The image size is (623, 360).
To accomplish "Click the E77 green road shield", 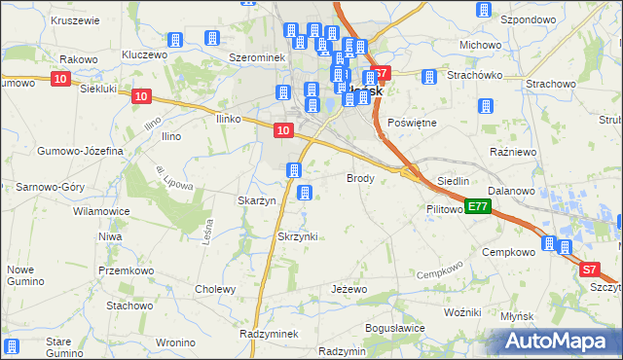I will click(476, 206).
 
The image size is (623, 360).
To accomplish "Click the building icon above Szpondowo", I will click(484, 10).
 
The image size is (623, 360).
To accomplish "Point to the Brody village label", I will click(360, 178).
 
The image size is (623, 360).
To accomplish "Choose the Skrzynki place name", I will click(298, 236).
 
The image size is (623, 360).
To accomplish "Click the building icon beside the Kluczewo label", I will click(175, 41).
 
